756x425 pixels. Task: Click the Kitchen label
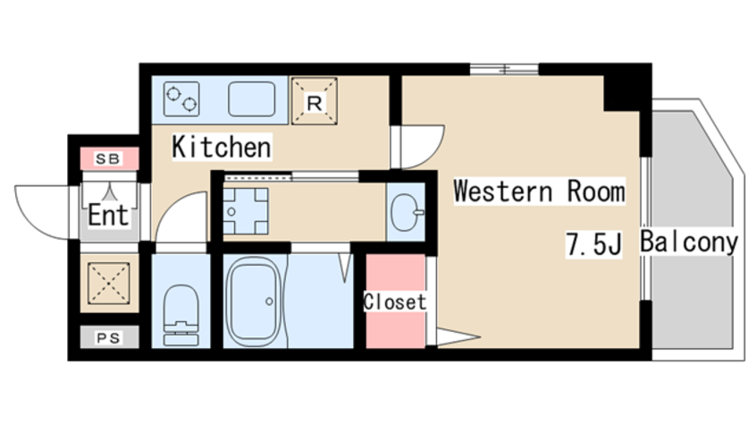[x=222, y=147]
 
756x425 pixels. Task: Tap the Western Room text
[x=539, y=191]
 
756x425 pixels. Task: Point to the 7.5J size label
[x=593, y=244]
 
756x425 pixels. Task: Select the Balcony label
[x=689, y=242]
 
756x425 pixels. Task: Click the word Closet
[x=395, y=302]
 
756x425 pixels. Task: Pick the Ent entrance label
[x=108, y=216]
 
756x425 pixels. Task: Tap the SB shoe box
[x=109, y=159]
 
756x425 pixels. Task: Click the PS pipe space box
[x=109, y=337]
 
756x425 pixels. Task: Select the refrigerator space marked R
[x=315, y=101]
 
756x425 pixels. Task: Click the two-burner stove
[x=181, y=99]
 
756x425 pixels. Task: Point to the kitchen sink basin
[x=252, y=99]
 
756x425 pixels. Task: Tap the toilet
[x=181, y=315]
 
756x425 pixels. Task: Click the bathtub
[x=255, y=302]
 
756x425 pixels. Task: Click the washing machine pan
[x=246, y=211]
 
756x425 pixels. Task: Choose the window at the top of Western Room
[x=504, y=70]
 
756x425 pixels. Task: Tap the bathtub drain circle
[x=269, y=302]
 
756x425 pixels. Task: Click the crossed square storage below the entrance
[x=109, y=284]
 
